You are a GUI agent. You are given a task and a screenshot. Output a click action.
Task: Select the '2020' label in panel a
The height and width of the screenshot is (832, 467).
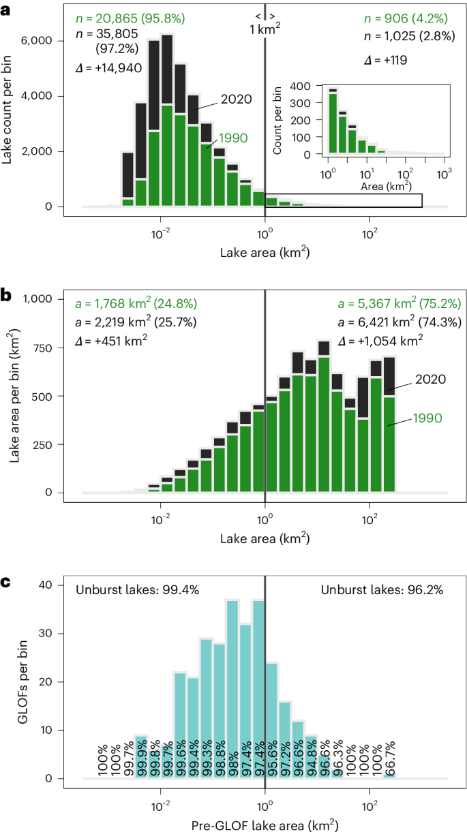point(236,99)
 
